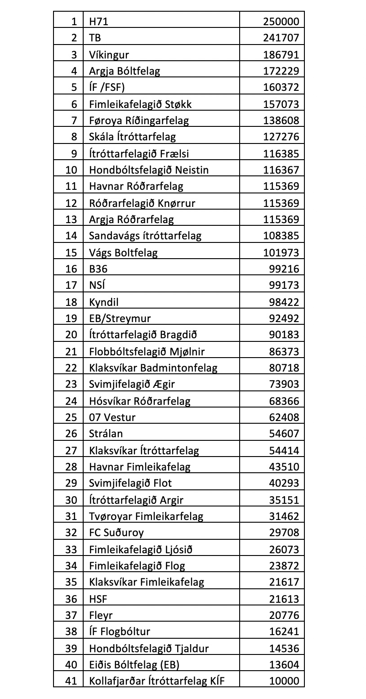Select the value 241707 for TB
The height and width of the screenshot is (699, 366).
tap(281, 38)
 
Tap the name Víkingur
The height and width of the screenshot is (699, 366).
tap(109, 55)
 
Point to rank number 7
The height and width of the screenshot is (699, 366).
tap(74, 121)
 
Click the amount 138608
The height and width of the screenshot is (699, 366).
tap(281, 121)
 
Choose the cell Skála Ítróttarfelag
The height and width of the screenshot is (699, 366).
tap(132, 137)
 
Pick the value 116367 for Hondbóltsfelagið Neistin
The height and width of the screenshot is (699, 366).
tap(281, 170)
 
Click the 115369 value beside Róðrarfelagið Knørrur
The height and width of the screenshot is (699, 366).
tap(281, 203)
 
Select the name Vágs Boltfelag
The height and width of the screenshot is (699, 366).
tap(123, 252)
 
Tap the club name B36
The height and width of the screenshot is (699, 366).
tap(98, 269)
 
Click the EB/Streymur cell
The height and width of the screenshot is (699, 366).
tap(120, 318)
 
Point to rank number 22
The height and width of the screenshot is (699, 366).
tap(71, 368)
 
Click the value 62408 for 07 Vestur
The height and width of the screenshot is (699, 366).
tap(283, 417)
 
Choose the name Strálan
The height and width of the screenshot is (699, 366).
tap(106, 434)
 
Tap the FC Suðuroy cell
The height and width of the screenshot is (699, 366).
tap(116, 533)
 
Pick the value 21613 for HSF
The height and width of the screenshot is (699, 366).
tap(283, 599)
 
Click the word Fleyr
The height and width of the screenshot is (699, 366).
tap(101, 615)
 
